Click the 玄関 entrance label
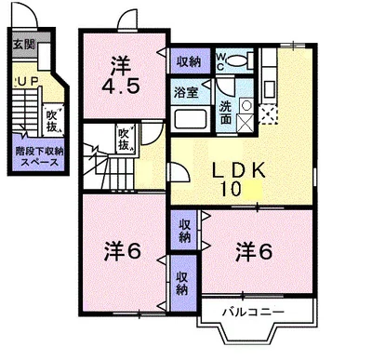pos(23,45)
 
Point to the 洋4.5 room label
pos(121,77)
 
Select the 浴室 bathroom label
pos(184,92)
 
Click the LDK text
pos(238,171)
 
